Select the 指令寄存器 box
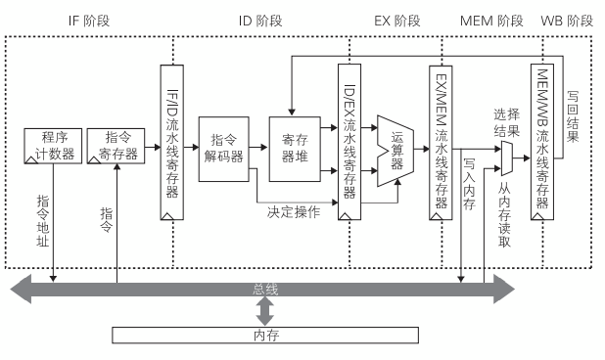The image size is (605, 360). click(116, 145)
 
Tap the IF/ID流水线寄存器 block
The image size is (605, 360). click(172, 142)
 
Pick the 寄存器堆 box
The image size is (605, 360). click(295, 150)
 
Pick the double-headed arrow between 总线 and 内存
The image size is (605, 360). click(264, 312)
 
